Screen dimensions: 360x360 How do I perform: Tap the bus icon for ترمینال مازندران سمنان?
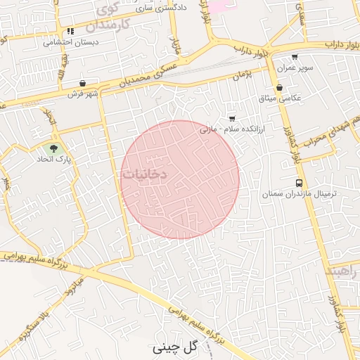[300, 183]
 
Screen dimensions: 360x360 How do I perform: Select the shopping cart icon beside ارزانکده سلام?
[232, 118]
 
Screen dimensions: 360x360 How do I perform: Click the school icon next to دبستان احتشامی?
[70, 31]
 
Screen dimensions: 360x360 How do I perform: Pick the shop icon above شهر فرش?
[83, 83]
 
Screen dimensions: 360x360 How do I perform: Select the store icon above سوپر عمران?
[294, 58]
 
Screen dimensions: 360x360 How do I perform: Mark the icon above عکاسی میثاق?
[280, 88]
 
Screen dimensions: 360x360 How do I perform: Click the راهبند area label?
[342, 271]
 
